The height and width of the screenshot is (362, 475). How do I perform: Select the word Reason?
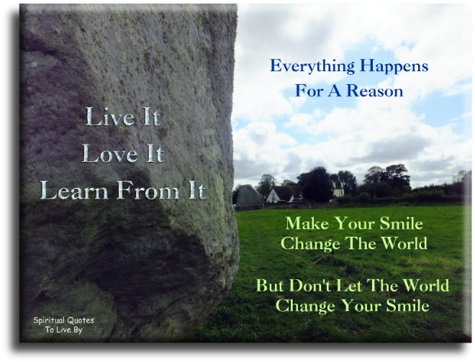[377, 91]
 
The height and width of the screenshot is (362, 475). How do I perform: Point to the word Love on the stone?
[105, 153]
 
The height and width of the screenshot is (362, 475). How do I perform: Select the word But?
[271, 286]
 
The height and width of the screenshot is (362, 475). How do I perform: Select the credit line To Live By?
[65, 331]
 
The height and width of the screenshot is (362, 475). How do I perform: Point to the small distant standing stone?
[249, 196]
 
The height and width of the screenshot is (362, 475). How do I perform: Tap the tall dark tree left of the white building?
[317, 184]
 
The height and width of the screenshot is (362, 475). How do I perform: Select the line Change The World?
[353, 243]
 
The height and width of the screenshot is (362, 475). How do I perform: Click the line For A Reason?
[349, 91]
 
